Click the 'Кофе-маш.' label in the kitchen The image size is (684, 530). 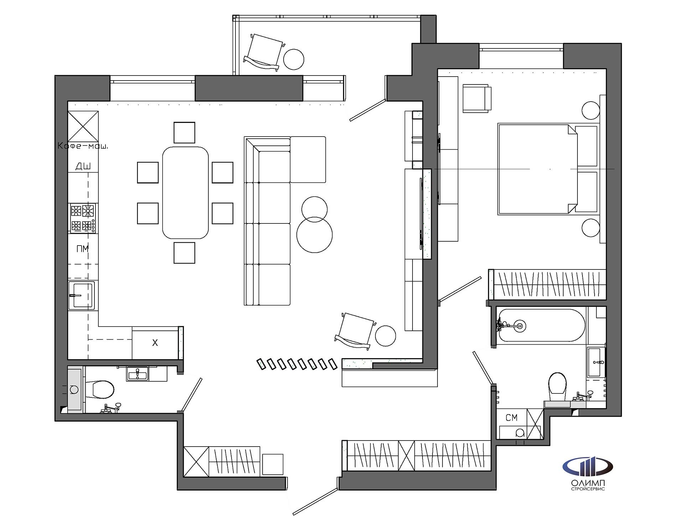click(x=83, y=146)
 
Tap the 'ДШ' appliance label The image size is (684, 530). click(x=83, y=166)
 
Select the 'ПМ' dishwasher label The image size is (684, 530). click(x=83, y=249)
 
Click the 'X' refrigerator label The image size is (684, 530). click(x=155, y=343)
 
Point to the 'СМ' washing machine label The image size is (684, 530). click(x=512, y=418)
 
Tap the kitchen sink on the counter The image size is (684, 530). click(x=82, y=295)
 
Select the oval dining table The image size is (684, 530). click(x=185, y=192)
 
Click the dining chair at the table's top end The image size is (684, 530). click(x=185, y=133)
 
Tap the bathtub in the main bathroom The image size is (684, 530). click(x=541, y=325)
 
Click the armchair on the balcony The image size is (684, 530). click(x=265, y=52)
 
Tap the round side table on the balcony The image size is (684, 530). click(x=294, y=59)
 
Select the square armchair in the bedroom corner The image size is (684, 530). click(x=477, y=98)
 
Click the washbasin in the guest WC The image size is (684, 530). click(x=137, y=374)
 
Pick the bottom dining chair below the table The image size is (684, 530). click(x=185, y=253)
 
